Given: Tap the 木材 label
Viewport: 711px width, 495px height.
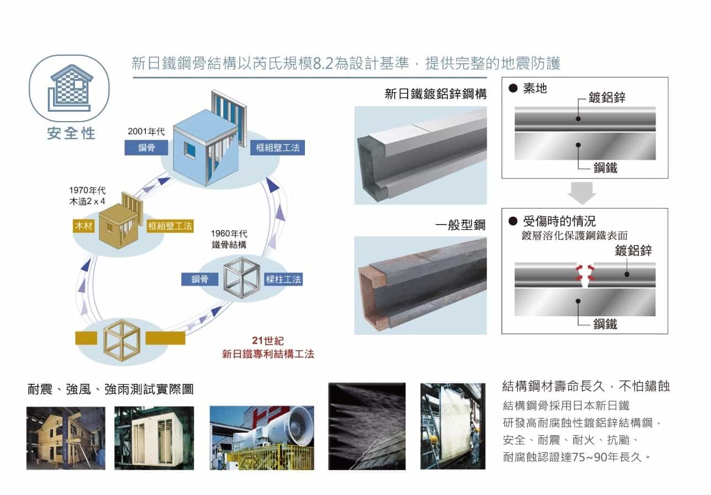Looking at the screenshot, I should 83,226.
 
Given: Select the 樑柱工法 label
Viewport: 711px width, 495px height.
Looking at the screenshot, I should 283,279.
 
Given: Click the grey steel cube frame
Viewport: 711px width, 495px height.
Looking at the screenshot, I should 241,279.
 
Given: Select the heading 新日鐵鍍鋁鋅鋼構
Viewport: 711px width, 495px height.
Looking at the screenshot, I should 435,95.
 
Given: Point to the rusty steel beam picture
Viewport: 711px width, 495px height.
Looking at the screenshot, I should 420,285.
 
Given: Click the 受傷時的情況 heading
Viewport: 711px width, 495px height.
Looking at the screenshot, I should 559,222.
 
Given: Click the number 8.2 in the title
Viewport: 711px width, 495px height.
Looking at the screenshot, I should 323,64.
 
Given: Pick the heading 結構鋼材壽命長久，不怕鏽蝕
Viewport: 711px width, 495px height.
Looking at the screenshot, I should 586,386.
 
